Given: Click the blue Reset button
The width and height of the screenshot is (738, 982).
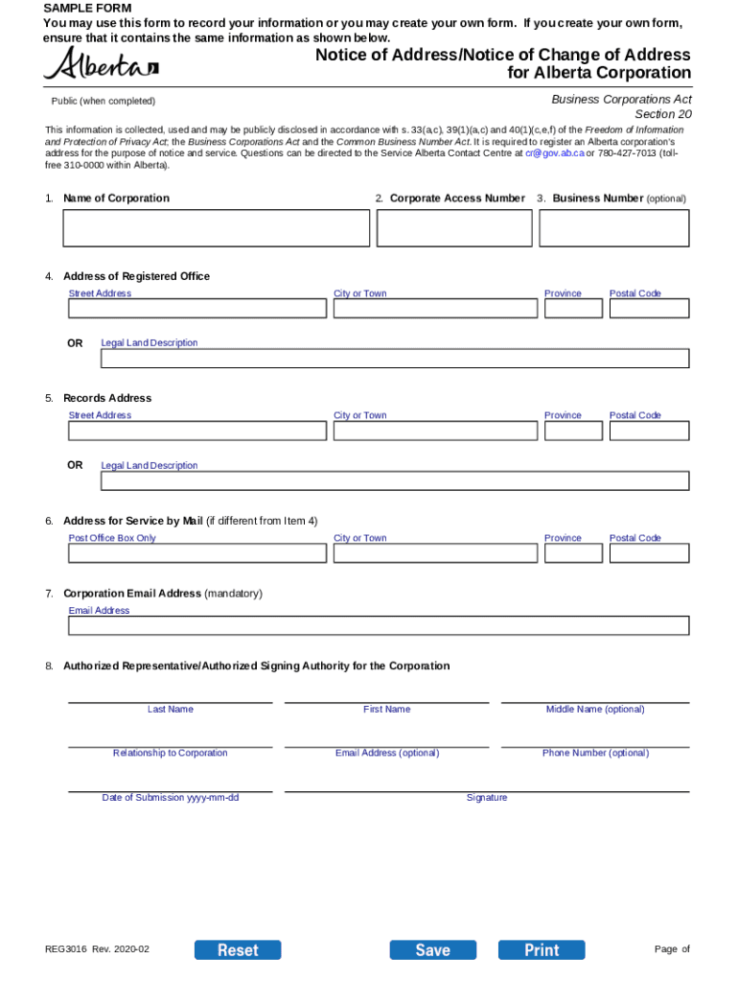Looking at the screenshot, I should [x=238, y=949].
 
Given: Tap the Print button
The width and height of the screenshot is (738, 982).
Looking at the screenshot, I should [x=542, y=949].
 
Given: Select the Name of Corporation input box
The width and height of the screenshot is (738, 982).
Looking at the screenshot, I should [x=216, y=228].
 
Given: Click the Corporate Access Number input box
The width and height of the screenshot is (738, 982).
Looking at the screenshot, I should [x=454, y=228].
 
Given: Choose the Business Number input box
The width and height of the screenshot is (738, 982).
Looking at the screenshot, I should [x=613, y=228].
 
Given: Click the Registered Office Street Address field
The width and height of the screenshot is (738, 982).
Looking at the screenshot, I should [x=197, y=309].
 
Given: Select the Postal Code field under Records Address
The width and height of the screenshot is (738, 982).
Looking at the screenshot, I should [x=649, y=431].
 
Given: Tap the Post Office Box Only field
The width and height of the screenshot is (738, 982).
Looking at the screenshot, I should [x=197, y=553].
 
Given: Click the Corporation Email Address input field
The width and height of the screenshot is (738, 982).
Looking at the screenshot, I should [x=379, y=626].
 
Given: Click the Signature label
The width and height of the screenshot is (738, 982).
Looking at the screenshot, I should [x=487, y=798].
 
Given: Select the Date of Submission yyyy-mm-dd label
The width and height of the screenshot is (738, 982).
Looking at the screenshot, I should [x=171, y=798].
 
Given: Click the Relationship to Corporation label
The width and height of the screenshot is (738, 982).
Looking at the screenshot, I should [x=171, y=753].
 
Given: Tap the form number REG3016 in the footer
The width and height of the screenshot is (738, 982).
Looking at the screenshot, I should [x=65, y=949].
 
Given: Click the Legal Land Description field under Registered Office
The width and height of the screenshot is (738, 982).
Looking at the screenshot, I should [x=395, y=359].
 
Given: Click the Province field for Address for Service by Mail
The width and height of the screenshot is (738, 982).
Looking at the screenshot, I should [x=573, y=553].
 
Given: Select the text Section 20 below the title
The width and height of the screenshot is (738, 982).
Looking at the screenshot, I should [x=662, y=114].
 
